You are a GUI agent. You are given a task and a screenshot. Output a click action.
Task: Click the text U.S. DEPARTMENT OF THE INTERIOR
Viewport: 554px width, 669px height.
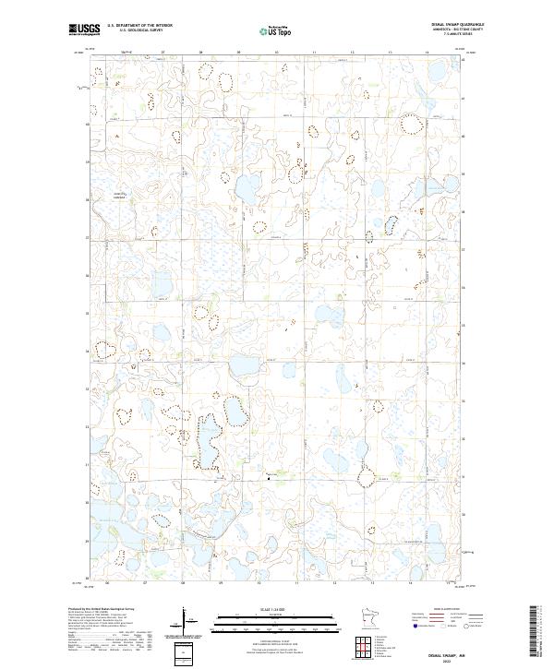point(139,26)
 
